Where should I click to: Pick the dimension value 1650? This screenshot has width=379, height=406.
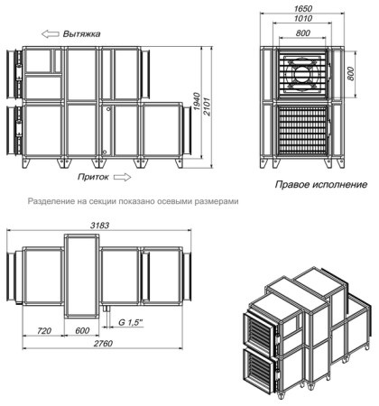[x=302, y=7]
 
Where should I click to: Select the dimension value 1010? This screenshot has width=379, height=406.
[x=302, y=18]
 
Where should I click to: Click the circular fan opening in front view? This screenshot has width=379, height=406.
[x=302, y=72]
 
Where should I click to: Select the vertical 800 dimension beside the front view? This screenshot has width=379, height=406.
[x=352, y=73]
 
